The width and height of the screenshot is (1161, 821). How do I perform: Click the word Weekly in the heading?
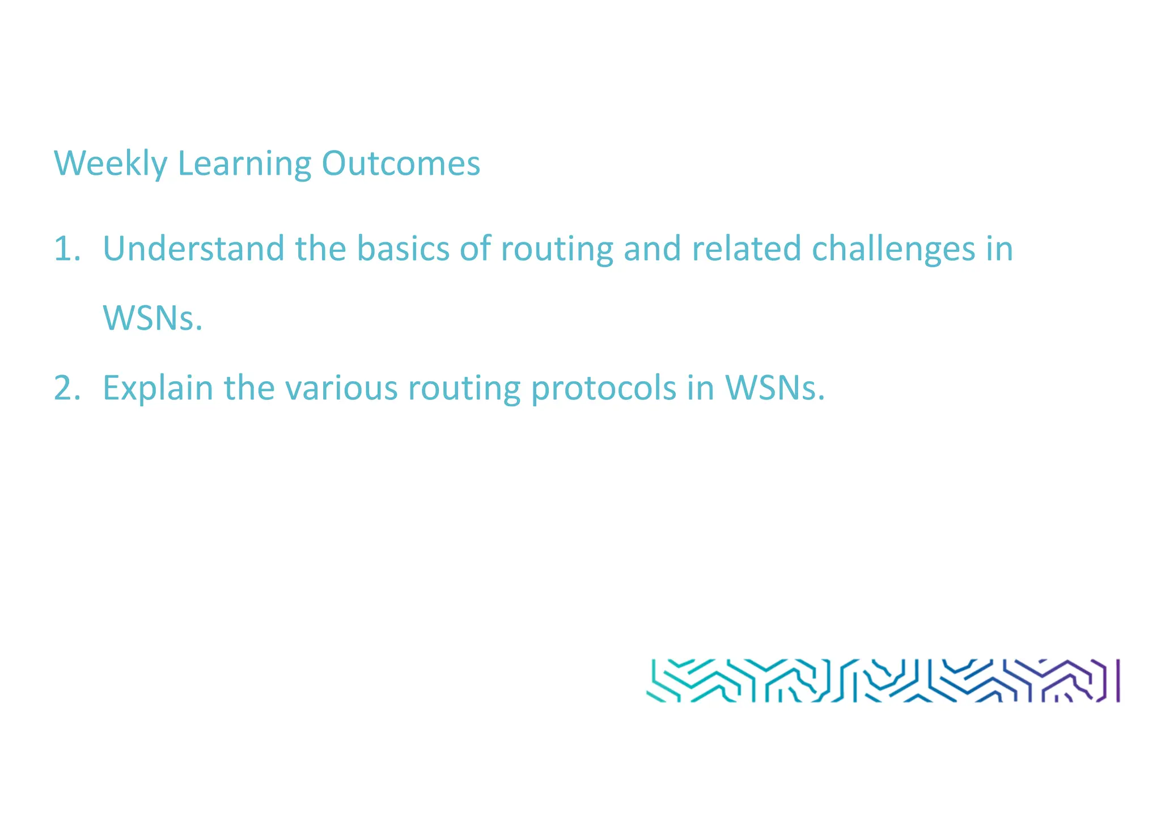point(111,164)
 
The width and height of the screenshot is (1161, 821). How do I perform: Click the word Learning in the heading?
point(244,164)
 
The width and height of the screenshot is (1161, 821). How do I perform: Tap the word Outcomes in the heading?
point(401,164)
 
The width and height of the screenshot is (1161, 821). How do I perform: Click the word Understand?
point(193,249)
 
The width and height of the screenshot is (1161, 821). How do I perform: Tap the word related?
point(746,249)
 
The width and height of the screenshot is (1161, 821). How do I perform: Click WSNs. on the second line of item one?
point(152,319)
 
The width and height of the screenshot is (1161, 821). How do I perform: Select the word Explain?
point(158,390)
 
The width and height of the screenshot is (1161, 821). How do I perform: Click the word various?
point(341,389)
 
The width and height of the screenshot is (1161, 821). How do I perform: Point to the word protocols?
point(604,390)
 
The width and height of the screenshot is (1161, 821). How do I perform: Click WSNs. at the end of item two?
point(774,389)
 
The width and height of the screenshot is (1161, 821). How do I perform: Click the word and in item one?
point(652,249)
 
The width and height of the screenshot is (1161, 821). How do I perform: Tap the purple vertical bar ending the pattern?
point(1118,680)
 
